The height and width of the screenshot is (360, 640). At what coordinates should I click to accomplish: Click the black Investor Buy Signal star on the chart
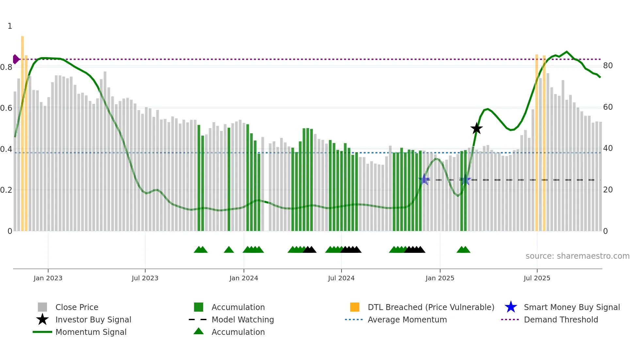click(x=476, y=129)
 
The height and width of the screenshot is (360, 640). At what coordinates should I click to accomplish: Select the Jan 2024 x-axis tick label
click(x=244, y=278)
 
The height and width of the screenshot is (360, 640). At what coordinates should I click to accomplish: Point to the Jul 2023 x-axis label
click(x=145, y=278)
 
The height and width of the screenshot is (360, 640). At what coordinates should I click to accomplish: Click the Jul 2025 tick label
click(x=537, y=278)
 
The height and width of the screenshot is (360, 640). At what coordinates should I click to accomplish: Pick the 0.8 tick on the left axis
click(x=7, y=67)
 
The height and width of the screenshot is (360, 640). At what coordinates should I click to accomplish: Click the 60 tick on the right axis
click(x=608, y=107)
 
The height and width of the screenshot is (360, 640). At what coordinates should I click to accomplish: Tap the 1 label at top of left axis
click(x=10, y=26)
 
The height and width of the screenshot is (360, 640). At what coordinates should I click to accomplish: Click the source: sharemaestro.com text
click(x=577, y=256)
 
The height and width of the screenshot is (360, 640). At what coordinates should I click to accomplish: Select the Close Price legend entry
click(x=76, y=307)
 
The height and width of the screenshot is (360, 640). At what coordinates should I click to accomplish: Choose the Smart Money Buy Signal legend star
click(x=511, y=307)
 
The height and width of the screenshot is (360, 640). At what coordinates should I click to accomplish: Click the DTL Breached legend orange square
click(x=355, y=307)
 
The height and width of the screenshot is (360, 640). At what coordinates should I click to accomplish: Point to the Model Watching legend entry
click(x=242, y=319)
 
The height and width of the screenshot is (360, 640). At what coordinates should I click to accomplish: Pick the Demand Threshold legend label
click(x=561, y=319)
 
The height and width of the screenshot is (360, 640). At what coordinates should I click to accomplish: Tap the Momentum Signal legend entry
click(x=91, y=332)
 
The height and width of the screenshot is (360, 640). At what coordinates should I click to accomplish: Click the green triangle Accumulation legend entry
click(x=238, y=332)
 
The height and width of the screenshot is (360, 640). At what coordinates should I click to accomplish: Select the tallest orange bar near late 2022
click(x=23, y=131)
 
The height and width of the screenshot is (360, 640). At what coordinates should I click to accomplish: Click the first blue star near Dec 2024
click(x=424, y=179)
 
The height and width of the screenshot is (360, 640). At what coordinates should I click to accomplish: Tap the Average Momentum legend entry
click(x=407, y=319)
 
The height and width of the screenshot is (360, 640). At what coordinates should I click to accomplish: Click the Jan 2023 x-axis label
click(x=48, y=278)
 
